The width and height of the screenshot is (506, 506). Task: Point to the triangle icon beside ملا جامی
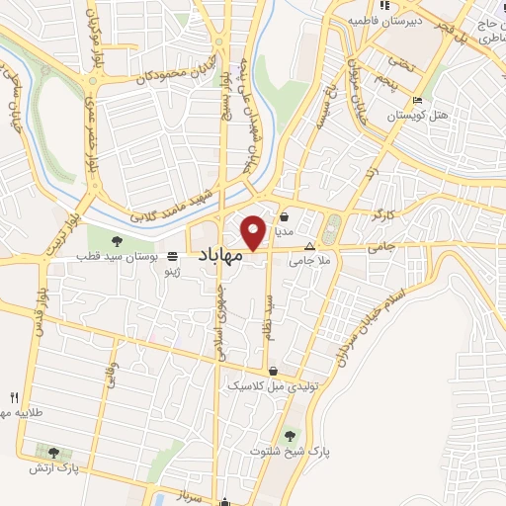tap(309, 247)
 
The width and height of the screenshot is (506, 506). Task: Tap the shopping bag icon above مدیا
tap(285, 216)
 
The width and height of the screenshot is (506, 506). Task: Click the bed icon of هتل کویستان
tap(416, 100)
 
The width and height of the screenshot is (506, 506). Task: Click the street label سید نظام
tap(267, 325)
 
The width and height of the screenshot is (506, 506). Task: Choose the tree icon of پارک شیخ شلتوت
tap(290, 435)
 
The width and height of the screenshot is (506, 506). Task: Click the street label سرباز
tap(190, 491)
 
